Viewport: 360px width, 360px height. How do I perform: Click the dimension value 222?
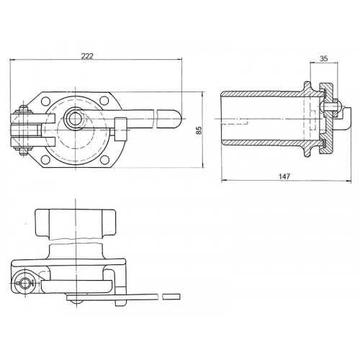click(x=87, y=56)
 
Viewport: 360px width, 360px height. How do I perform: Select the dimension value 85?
click(x=199, y=130)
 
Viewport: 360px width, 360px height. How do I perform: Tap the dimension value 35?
click(x=324, y=58)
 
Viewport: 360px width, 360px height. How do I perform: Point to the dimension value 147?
click(x=284, y=176)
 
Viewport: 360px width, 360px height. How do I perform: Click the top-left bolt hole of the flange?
click(x=45, y=101)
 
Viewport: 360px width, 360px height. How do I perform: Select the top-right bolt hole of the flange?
click(x=104, y=100)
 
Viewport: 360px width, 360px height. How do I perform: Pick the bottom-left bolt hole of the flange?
click(x=45, y=159)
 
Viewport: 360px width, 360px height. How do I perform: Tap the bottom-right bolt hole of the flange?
click(x=104, y=159)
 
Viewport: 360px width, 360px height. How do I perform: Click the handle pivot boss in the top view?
click(x=75, y=119)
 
